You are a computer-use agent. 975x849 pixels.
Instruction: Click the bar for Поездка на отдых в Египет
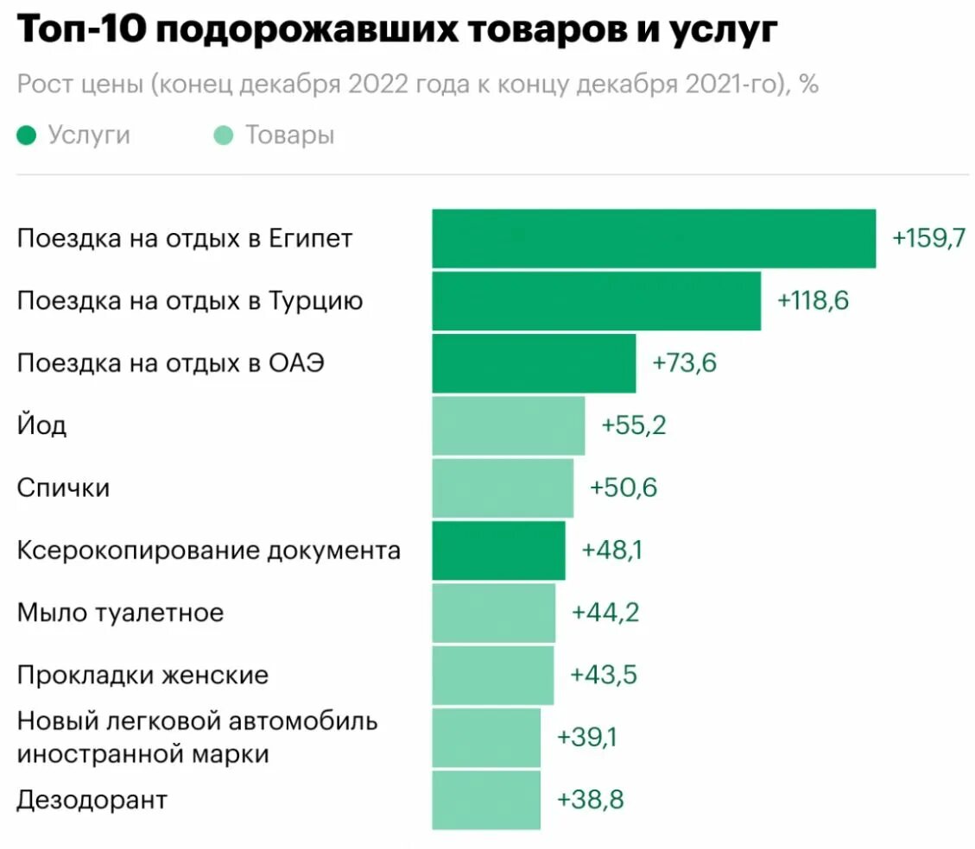(654, 239)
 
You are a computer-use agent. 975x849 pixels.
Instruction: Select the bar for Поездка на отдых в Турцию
(596, 301)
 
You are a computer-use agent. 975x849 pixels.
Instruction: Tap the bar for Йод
(508, 425)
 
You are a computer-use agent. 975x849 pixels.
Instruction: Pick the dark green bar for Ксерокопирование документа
(498, 550)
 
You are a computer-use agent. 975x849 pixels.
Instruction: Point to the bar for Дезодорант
(486, 800)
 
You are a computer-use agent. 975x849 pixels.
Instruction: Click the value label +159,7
(929, 239)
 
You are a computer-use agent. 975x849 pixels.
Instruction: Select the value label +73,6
(685, 363)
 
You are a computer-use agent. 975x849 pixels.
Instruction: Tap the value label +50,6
(624, 488)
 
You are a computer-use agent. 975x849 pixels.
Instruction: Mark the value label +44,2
(605, 613)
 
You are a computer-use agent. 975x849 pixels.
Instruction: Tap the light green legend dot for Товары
(224, 135)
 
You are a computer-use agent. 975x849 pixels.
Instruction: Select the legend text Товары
(289, 135)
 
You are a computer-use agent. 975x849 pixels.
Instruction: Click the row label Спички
(63, 488)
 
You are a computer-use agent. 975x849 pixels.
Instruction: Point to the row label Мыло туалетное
(120, 613)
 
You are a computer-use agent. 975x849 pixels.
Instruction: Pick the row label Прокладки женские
(142, 675)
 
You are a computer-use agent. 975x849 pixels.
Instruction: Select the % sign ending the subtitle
(808, 85)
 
